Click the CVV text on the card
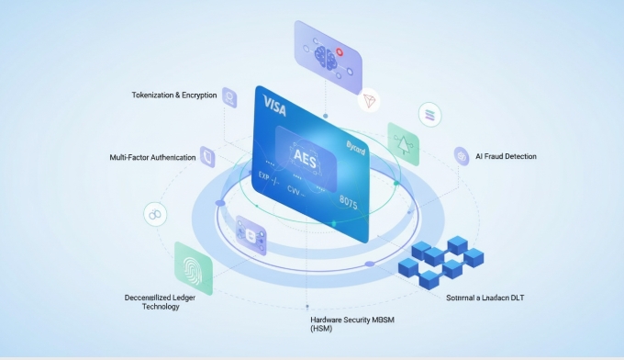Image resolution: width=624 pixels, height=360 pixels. tap(295, 190)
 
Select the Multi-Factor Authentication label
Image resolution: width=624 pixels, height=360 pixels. tap(152, 157)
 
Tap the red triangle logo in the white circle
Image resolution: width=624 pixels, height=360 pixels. tap(371, 101)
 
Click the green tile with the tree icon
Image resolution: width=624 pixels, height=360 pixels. tap(402, 143)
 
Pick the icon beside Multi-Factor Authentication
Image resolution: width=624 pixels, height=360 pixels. tap(207, 157)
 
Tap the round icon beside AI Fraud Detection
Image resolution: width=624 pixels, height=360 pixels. tap(462, 156)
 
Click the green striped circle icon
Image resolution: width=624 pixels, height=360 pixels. tap(428, 115)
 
